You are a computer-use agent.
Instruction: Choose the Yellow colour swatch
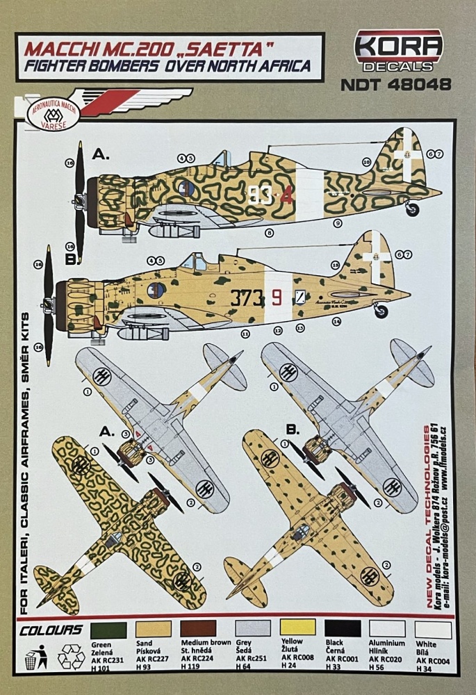click(295, 630)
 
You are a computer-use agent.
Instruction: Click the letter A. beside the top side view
click(95, 154)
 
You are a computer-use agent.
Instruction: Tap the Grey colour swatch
click(248, 630)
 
